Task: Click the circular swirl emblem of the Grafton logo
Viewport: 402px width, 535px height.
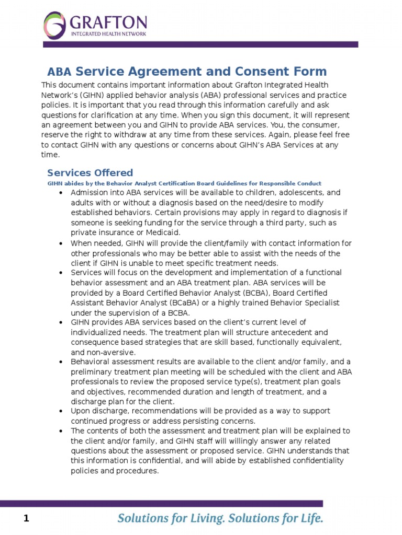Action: [54, 26]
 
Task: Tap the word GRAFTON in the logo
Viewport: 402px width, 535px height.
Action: [108, 22]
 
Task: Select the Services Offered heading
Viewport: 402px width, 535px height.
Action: [90, 173]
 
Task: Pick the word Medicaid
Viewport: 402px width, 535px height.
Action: [165, 232]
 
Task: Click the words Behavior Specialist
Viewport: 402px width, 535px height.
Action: [303, 303]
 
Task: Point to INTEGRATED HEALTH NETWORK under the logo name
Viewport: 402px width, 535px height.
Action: [108, 33]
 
